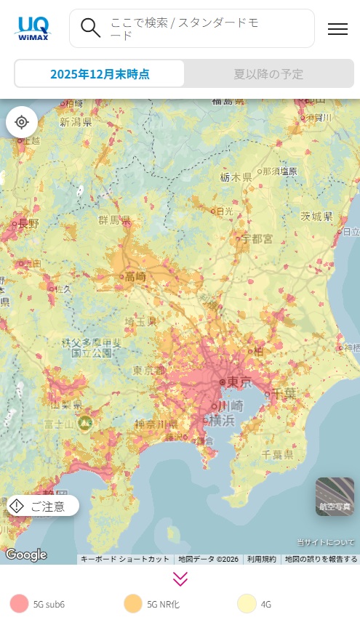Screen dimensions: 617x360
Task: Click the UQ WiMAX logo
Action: pos(32,28)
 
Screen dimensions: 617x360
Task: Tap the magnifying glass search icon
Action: pos(91,28)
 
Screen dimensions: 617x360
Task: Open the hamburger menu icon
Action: pos(337,29)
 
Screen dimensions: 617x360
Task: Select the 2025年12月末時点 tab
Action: pos(100,73)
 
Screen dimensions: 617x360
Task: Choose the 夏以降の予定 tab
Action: pos(268,73)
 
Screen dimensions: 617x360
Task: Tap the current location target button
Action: pos(22,121)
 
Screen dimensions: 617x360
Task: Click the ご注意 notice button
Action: pos(43,506)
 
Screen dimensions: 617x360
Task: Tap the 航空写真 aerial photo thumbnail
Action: pos(335,496)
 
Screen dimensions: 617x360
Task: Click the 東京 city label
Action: pos(239,382)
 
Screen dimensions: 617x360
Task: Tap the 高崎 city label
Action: pos(135,276)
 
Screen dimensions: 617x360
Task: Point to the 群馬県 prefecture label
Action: pos(114,219)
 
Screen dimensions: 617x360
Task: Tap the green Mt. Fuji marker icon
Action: pos(86,422)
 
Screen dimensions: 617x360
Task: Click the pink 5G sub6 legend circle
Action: pos(20,603)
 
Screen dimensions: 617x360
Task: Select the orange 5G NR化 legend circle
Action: pos(133,603)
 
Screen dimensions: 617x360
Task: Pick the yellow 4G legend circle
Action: pos(247,603)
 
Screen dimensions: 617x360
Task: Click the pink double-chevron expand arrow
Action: pos(180,578)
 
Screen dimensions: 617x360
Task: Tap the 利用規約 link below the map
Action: pos(262,559)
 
